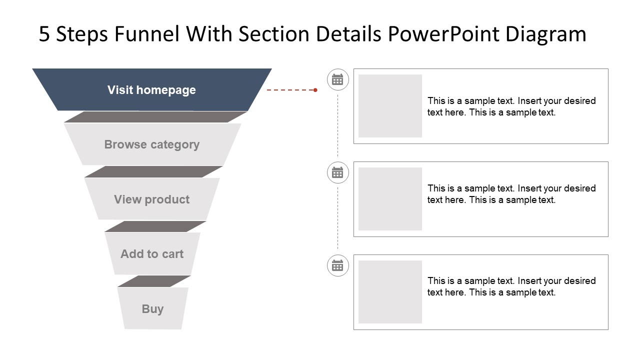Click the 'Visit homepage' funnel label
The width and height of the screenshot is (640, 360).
[151, 90]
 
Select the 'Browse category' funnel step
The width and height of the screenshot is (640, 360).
[151, 144]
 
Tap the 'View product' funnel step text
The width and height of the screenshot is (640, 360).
[151, 199]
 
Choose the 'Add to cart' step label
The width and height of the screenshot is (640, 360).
[152, 254]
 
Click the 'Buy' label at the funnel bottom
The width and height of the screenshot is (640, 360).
[152, 309]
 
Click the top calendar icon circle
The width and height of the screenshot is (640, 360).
[337, 79]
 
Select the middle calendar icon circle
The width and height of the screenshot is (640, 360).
[337, 172]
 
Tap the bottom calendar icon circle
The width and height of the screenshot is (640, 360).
[337, 265]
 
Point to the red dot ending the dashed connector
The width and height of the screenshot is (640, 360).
[315, 90]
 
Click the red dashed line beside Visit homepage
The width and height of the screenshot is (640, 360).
[290, 90]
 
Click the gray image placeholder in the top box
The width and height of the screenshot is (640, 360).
[390, 106]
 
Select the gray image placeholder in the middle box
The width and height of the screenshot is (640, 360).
[390, 199]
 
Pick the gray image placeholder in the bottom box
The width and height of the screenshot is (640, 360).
[390, 292]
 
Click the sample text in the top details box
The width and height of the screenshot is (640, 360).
[511, 106]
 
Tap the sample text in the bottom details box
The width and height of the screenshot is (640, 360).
[511, 286]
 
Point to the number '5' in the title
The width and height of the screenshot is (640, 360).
[44, 34]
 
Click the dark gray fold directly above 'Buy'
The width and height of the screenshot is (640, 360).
[154, 281]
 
